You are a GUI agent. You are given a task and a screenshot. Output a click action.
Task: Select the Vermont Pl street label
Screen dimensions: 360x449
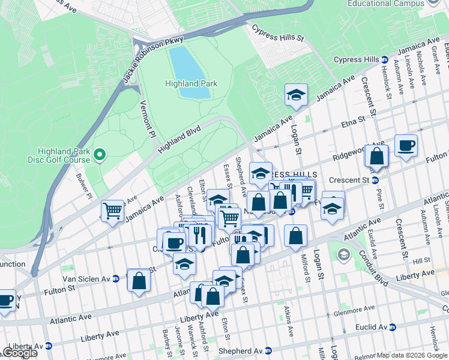tap(146, 117)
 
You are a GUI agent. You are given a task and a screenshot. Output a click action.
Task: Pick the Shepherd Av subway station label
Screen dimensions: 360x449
tap(240, 351)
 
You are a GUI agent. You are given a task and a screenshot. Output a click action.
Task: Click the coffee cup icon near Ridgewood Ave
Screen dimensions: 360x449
tap(406, 146)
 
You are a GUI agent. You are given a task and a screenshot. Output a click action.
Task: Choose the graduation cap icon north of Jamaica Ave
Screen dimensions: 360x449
tap(296, 95)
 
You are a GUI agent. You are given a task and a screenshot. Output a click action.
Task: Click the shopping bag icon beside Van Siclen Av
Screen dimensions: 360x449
tap(139, 280)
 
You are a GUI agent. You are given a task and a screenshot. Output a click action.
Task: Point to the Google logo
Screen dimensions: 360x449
tap(20, 353)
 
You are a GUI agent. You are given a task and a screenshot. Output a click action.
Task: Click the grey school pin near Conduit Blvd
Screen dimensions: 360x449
tap(343, 255)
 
